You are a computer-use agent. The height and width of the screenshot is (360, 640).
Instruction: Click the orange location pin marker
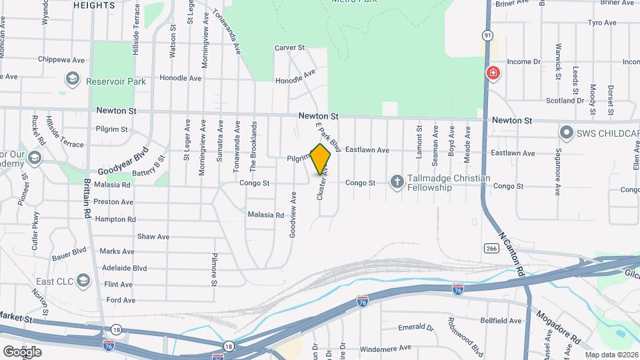tap(321, 159)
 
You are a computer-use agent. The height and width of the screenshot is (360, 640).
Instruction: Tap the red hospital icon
tap(493, 73)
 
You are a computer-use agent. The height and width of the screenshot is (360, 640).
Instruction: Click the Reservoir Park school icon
tap(72, 81)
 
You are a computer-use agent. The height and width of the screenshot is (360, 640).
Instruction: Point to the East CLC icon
tap(84, 280)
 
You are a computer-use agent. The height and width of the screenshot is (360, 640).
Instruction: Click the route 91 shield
tap(489, 35)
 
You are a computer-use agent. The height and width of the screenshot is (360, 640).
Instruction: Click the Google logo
tap(22, 352)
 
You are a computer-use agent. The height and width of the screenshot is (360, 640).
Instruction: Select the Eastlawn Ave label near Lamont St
tap(367, 151)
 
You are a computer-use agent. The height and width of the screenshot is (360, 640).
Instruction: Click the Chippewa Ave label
tap(61, 60)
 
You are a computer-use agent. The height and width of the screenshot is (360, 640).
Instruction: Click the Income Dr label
tap(523, 61)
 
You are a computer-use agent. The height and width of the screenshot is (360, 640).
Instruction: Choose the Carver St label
tap(290, 48)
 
